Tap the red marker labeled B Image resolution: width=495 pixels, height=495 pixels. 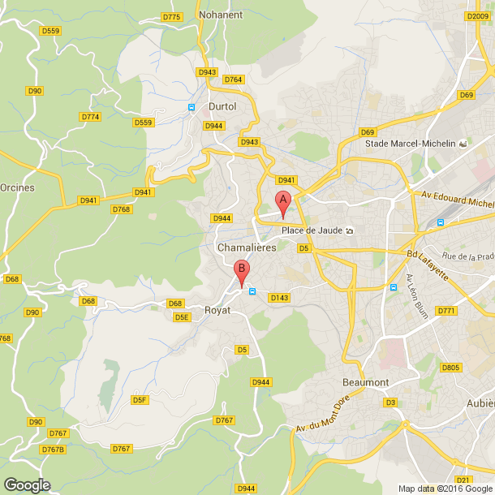[241, 273]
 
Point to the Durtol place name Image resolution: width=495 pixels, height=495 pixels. [222, 106]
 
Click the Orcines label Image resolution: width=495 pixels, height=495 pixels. [17, 187]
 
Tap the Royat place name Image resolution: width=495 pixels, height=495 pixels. [217, 310]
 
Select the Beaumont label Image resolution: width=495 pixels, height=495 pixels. [390, 382]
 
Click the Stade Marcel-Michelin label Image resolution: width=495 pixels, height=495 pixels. [410, 144]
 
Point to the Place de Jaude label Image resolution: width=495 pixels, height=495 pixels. [312, 230]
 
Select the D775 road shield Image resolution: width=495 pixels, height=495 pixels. [171, 16]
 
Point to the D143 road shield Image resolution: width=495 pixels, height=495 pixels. [280, 298]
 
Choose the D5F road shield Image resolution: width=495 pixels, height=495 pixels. [140, 400]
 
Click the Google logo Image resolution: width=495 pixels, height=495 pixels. [26, 484]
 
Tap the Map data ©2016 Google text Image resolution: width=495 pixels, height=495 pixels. [445, 489]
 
